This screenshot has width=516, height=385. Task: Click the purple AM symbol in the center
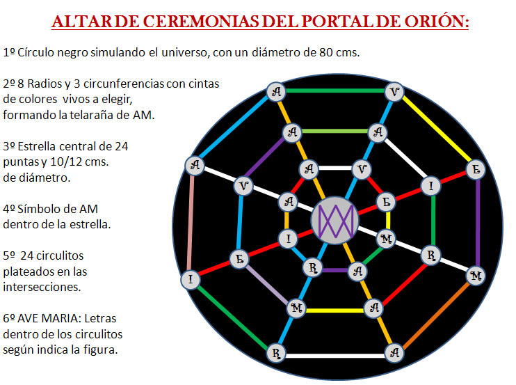tap(335, 221)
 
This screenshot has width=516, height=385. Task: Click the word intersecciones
tap(42, 287)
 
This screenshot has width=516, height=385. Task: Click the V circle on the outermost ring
tap(394, 92)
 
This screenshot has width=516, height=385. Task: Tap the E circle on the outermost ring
tap(476, 170)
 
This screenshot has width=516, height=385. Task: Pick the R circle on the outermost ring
tap(276, 354)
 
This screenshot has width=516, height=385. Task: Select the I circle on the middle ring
tap(431, 187)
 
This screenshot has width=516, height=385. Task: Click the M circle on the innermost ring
tap(386, 239)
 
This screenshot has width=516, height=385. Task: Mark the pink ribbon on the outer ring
tap(191, 223)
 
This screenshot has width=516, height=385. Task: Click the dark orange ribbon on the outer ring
tap(435, 315)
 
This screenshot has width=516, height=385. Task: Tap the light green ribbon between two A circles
tap(335, 132)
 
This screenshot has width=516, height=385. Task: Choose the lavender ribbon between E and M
tap(267, 284)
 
